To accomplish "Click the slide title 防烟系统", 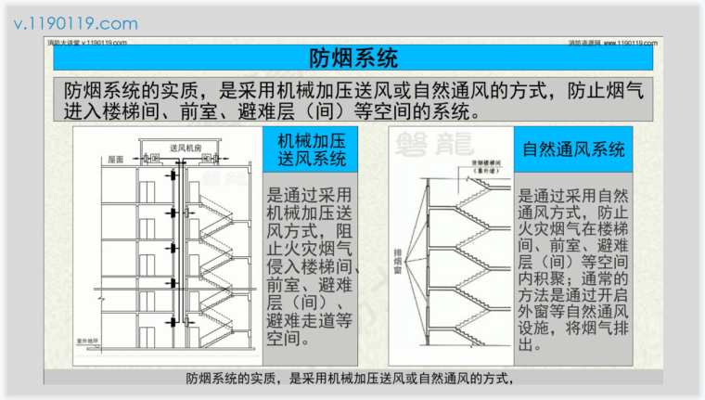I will (x=352, y=59).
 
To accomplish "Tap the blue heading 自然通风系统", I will (x=573, y=149).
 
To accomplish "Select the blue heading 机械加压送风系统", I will (x=312, y=149).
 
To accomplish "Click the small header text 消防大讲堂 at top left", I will (x=64, y=43).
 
